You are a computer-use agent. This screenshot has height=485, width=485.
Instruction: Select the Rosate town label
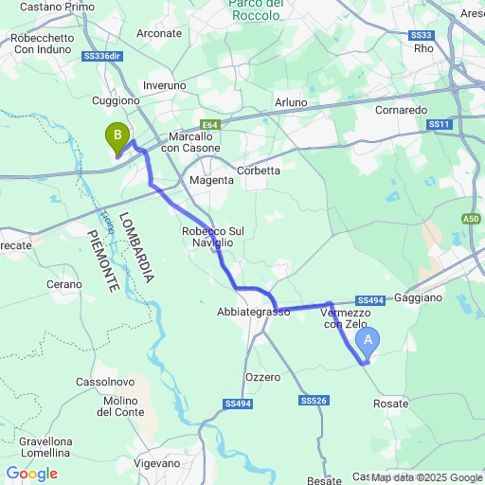390,404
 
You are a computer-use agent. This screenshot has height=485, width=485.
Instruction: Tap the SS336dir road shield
102,56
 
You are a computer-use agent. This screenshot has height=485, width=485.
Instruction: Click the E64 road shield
209,124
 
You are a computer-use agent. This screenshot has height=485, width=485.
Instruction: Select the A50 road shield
471,219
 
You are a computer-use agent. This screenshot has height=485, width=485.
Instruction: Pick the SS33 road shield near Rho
422,35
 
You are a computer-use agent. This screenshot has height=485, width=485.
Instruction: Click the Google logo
31,474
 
